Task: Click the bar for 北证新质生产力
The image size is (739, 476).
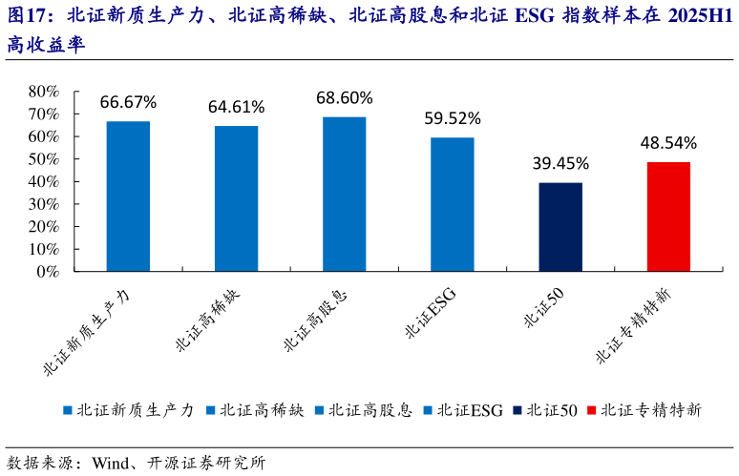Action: coord(128,196)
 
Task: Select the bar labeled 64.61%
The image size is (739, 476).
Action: coord(236,198)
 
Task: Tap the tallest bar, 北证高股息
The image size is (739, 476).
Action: coord(344,194)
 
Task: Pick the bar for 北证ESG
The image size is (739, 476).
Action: coord(452,204)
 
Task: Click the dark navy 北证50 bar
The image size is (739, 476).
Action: coord(560,227)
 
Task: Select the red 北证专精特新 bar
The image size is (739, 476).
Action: coord(668,217)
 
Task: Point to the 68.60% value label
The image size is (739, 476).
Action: coord(345,98)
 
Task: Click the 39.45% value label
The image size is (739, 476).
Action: coord(560,164)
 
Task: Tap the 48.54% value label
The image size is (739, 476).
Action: coord(668,143)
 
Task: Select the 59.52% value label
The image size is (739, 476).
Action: coord(453,119)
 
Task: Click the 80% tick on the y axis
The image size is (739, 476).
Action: coord(44,92)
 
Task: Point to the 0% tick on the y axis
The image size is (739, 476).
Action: coord(48,271)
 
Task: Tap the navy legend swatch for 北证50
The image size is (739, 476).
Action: coord(517,410)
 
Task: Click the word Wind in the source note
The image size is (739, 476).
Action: coord(112,463)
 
